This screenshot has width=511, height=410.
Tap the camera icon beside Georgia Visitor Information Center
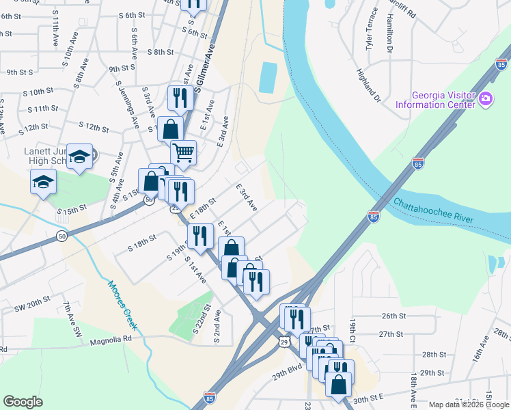tap(486, 99)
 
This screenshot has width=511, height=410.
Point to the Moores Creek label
tap(122, 305)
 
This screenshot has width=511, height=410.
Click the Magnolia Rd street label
tap(110, 338)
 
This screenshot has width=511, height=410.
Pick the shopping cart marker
tap(183, 153)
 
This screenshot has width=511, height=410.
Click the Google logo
tap(23, 402)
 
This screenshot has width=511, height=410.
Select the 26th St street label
tap(394, 316)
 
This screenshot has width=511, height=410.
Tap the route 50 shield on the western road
tap(61, 236)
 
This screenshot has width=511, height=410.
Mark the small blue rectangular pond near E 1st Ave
tap(268, 79)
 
